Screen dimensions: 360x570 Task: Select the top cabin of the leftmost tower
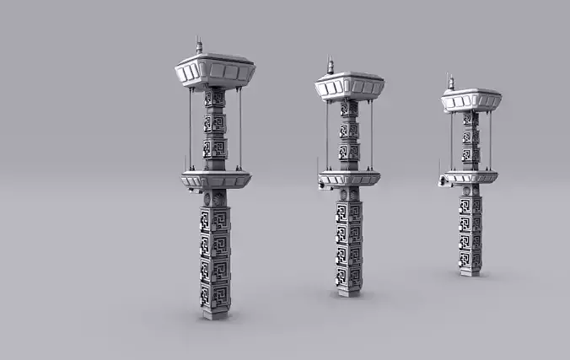(214, 72)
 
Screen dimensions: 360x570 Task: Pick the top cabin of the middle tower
(349, 86)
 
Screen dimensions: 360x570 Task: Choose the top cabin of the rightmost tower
(471, 100)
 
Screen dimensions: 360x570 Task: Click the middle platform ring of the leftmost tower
(215, 179)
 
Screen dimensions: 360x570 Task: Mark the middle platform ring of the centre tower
(349, 178)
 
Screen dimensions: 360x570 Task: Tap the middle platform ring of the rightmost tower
(471, 177)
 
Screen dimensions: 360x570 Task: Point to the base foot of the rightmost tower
(471, 271)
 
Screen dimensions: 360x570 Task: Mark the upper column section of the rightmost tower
(471, 140)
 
